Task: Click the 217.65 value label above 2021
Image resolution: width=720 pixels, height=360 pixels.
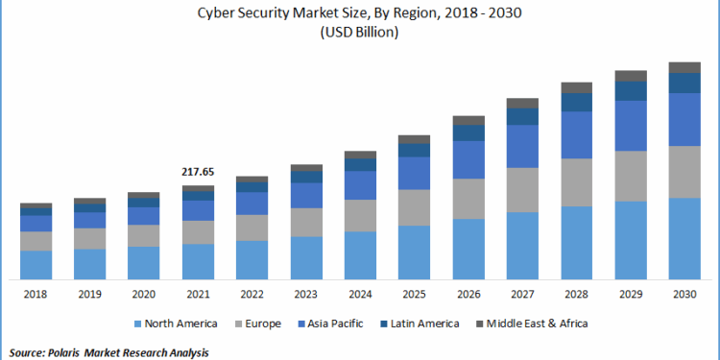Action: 198,172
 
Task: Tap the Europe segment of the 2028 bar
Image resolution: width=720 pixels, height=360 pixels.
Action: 576,182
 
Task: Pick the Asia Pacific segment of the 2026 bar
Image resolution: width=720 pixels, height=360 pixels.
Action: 468,159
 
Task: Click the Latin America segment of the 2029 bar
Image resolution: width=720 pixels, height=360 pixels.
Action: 631,91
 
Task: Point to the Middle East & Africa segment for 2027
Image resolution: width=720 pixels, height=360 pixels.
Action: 522,103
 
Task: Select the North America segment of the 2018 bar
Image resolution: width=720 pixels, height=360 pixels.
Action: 36,264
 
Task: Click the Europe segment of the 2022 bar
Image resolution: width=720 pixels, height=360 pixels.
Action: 252,228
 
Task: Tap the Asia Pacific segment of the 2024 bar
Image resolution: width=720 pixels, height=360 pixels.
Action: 360,185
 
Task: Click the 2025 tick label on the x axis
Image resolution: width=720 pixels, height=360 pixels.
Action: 414,295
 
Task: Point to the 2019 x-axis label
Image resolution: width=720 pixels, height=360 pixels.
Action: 89,295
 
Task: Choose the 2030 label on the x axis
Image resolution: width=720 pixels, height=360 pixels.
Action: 684,295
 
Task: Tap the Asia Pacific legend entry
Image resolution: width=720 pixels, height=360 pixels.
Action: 337,324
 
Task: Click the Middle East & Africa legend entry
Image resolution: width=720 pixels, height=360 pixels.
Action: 537,324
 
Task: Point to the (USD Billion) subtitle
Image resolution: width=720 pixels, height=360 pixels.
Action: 359,32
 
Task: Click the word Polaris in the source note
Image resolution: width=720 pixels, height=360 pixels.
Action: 67,352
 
